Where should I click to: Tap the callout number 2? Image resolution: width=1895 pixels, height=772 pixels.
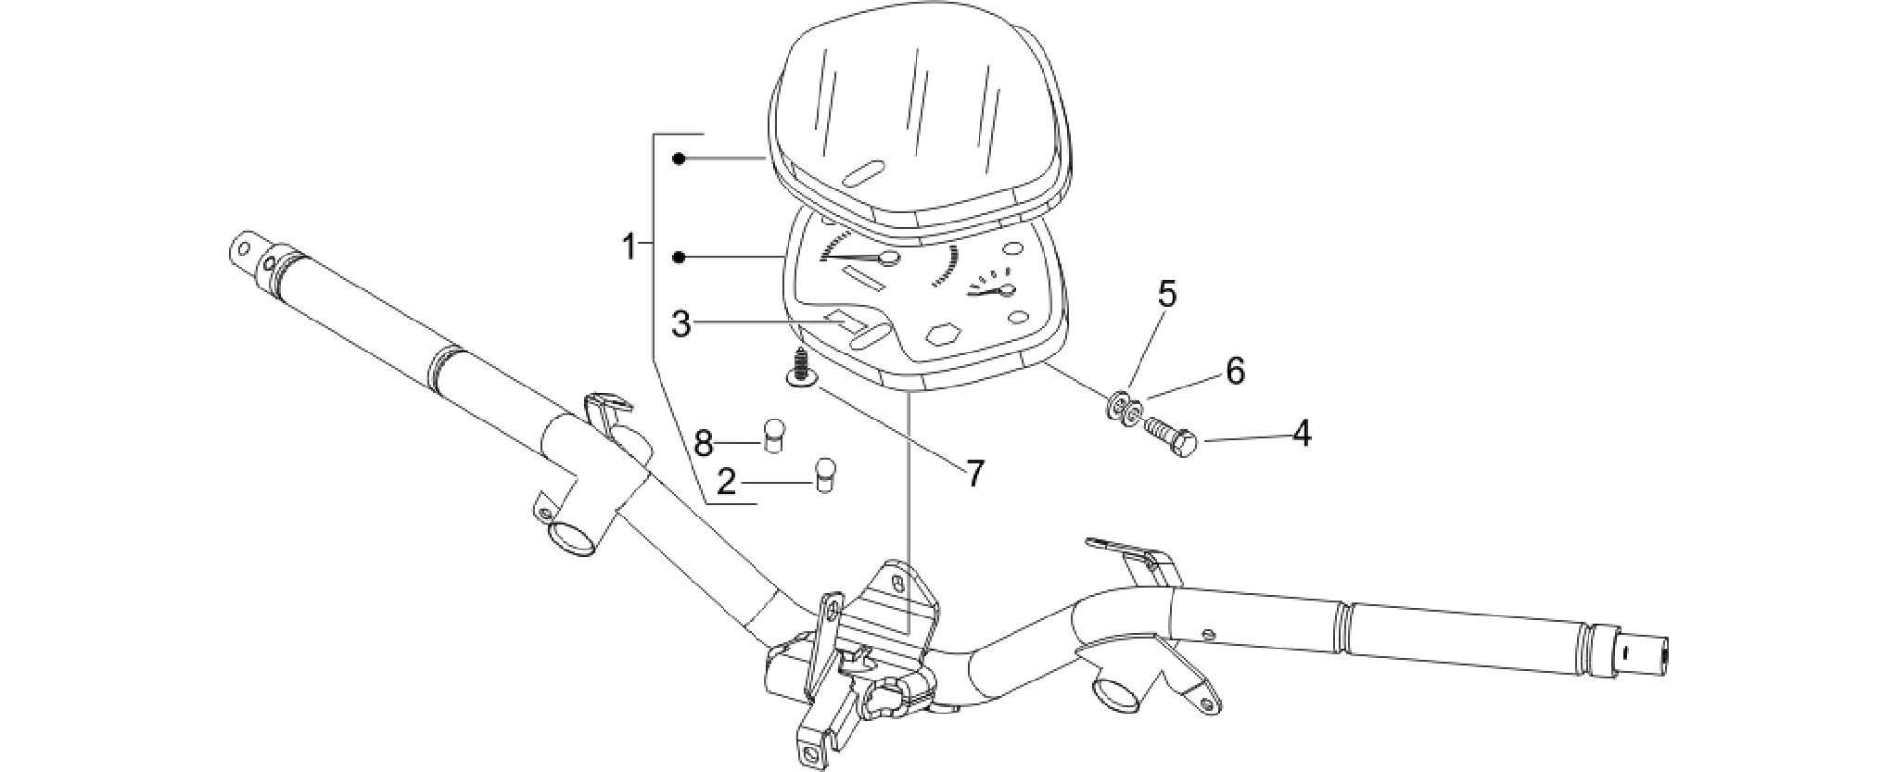(x=727, y=482)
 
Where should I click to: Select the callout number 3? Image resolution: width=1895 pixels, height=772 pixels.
(x=681, y=325)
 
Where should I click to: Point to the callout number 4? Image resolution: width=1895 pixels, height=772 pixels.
(x=1303, y=433)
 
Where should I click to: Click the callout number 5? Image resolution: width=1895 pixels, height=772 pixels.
(x=1167, y=294)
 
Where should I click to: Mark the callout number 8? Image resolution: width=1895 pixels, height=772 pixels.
(x=704, y=443)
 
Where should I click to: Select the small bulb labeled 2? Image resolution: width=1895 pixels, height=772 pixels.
(x=825, y=475)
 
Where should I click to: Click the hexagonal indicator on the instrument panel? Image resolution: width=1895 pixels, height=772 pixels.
(x=943, y=334)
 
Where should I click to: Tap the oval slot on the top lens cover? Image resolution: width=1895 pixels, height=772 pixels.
(x=861, y=173)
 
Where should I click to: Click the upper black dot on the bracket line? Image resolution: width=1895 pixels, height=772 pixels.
(x=680, y=159)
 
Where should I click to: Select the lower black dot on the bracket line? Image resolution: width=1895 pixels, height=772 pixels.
(x=680, y=257)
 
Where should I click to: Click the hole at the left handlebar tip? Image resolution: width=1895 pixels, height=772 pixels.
(x=244, y=248)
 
